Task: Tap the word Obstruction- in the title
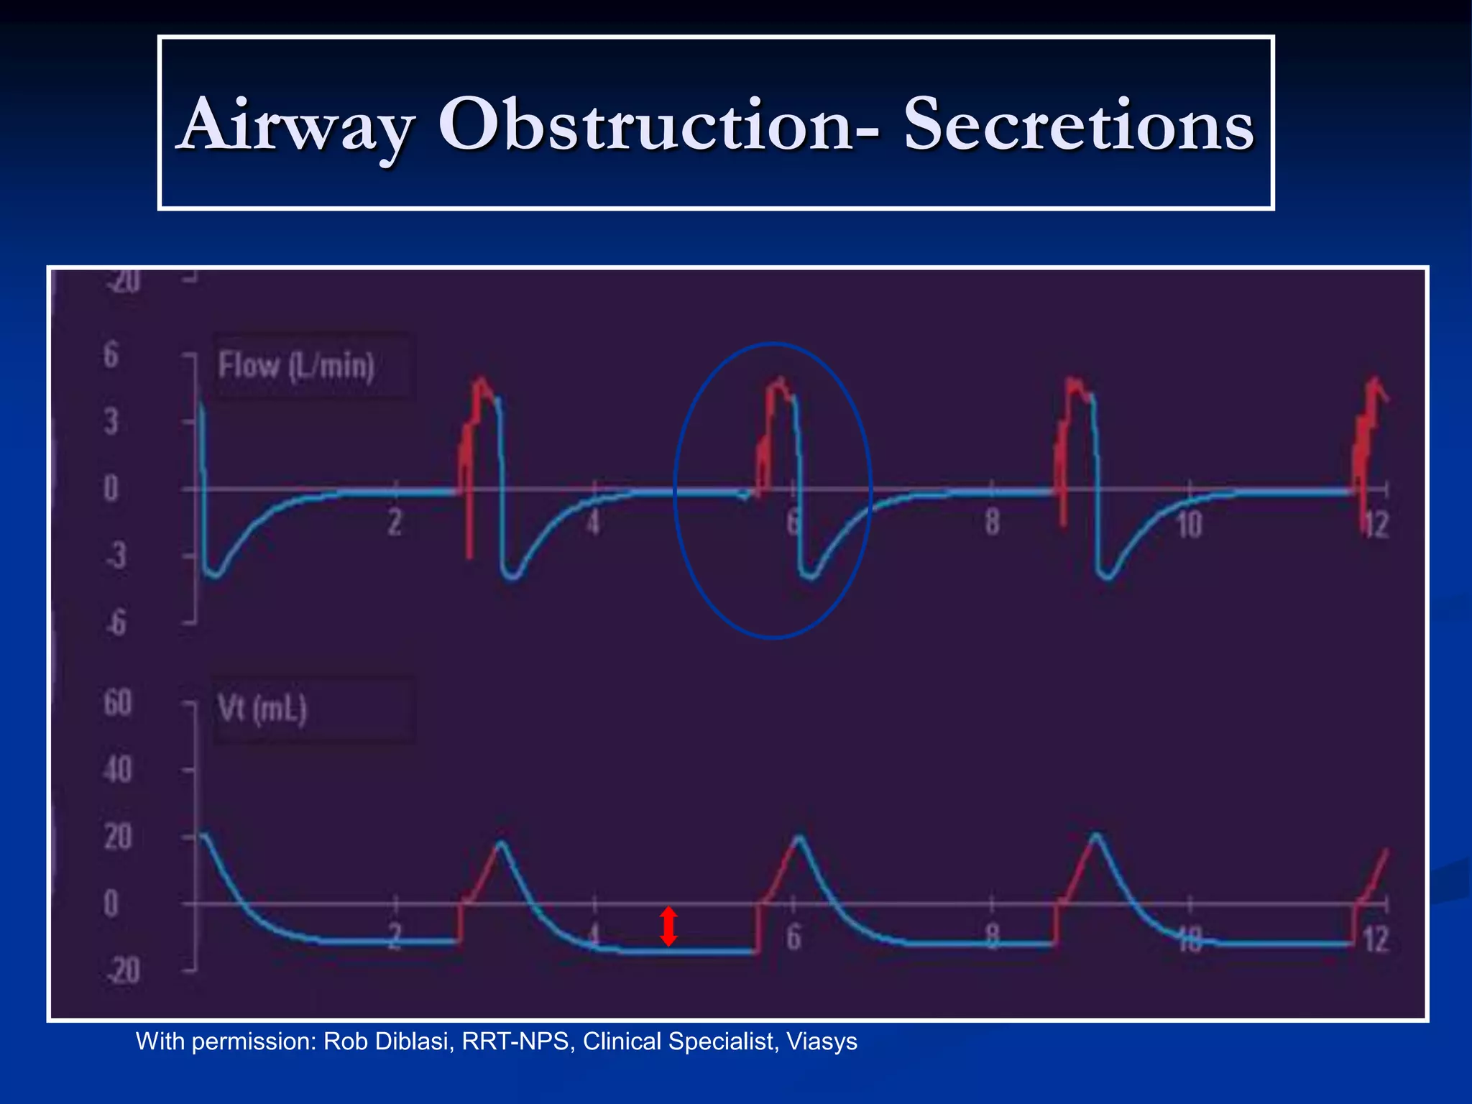pyautogui.click(x=658, y=125)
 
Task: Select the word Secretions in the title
pyautogui.click(x=1078, y=125)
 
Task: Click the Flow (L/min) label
pyautogui.click(x=297, y=366)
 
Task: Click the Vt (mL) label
pyautogui.click(x=262, y=709)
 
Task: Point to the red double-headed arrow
pyautogui.click(x=668, y=926)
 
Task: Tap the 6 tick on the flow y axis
pyautogui.click(x=111, y=355)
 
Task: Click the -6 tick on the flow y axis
pyautogui.click(x=115, y=622)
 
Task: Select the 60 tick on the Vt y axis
pyautogui.click(x=118, y=703)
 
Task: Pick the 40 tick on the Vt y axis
pyautogui.click(x=118, y=770)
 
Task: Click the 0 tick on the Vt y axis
pyautogui.click(x=111, y=903)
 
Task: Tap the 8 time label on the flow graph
pyautogui.click(x=992, y=523)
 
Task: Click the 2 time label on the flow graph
pyautogui.click(x=395, y=523)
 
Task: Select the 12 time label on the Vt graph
pyautogui.click(x=1376, y=939)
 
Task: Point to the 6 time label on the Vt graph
pyautogui.click(x=793, y=938)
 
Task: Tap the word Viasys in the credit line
pyautogui.click(x=822, y=1041)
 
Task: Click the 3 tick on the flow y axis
pyautogui.click(x=111, y=422)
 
